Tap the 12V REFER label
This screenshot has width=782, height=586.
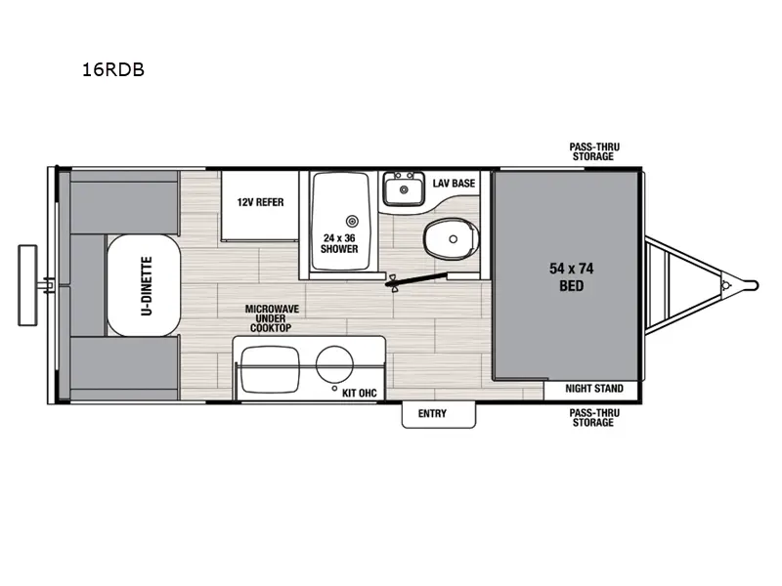(260, 202)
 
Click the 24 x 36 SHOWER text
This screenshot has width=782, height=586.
(339, 242)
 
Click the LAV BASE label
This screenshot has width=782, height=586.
(454, 183)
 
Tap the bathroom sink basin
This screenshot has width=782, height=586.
(401, 188)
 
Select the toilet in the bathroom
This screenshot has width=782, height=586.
(453, 234)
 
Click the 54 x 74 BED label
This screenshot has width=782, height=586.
(565, 276)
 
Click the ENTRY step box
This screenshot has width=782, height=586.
(432, 414)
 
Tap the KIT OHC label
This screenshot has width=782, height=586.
(359, 393)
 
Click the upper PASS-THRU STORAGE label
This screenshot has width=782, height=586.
(593, 151)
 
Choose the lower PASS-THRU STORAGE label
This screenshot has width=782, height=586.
(593, 418)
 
